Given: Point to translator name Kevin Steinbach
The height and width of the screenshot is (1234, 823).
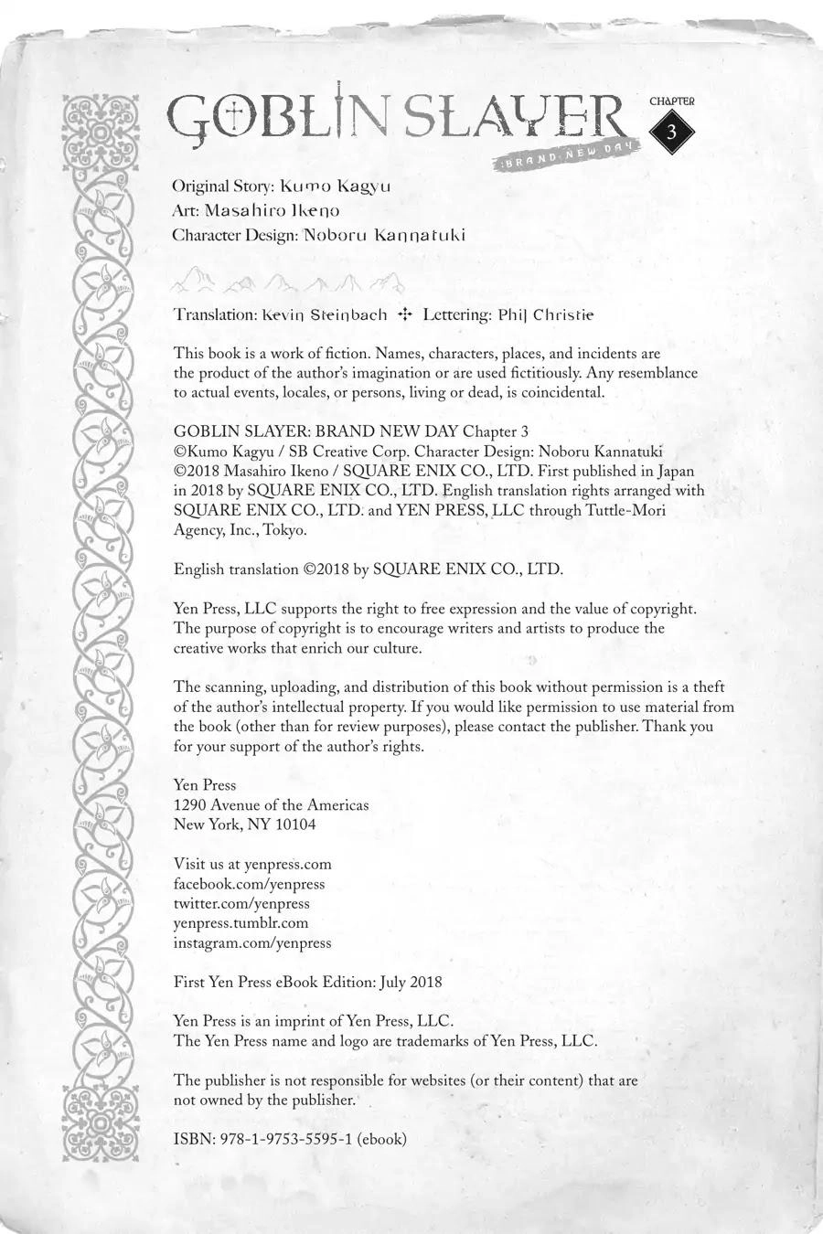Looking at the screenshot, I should (324, 314).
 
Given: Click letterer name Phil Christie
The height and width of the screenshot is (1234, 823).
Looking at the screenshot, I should (546, 314).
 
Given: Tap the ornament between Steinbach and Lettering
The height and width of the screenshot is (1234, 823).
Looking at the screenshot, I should (405, 314).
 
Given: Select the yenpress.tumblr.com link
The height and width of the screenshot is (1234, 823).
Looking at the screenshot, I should (240, 923).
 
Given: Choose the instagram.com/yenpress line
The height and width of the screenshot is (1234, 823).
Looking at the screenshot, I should (252, 942).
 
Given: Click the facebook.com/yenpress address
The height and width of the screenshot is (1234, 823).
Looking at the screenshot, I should (249, 884).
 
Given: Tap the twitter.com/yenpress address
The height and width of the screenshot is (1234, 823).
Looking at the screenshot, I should (241, 903).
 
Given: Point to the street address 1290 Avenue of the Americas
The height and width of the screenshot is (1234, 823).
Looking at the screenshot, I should (271, 804).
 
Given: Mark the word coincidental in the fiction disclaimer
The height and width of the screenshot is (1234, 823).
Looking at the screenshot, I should (559, 393).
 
